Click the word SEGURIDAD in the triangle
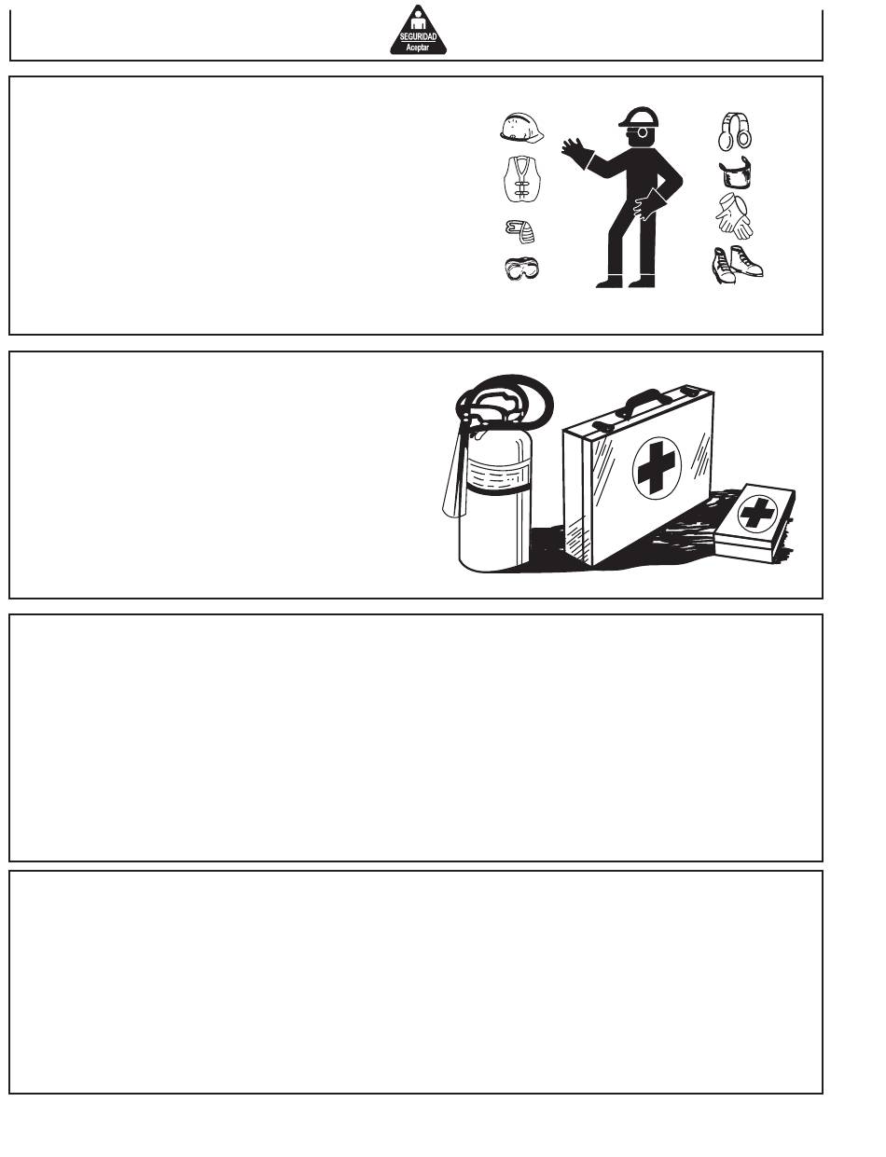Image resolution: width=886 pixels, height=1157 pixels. click(418, 36)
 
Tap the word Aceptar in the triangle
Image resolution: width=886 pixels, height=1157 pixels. click(418, 48)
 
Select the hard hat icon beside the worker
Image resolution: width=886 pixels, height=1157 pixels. click(521, 128)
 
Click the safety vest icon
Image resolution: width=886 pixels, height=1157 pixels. click(521, 179)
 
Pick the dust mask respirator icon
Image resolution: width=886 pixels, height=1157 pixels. click(520, 231)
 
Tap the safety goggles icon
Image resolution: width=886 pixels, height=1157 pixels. click(521, 269)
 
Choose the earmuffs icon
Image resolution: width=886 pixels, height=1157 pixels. click(734, 131)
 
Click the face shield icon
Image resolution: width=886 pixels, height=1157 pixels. click(735, 172)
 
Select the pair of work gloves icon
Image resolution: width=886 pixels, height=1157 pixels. click(735, 216)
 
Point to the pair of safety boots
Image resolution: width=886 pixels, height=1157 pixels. click(737, 264)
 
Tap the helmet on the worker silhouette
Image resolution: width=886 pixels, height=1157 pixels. click(639, 117)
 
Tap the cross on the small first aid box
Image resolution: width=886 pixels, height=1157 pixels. click(757, 514)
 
